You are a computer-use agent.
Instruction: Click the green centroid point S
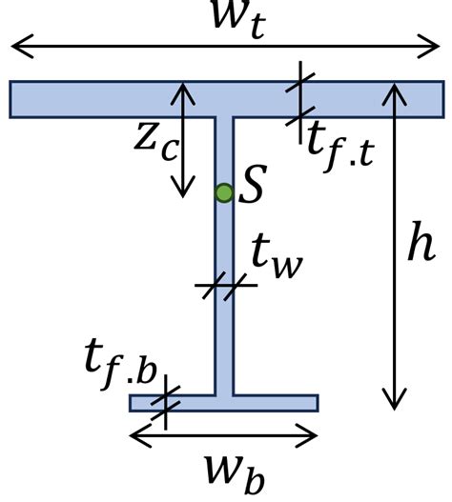(x=224, y=193)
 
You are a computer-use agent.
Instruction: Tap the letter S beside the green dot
(x=253, y=184)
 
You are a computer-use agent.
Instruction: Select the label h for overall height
(x=421, y=241)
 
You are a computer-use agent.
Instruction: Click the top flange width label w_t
(x=239, y=18)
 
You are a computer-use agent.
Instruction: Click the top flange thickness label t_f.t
(x=340, y=148)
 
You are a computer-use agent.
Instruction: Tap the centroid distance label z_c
(x=154, y=143)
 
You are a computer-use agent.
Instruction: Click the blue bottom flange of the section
(x=224, y=403)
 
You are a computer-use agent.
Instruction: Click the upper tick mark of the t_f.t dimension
(x=300, y=82)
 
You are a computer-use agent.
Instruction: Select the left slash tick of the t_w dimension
(x=210, y=287)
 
